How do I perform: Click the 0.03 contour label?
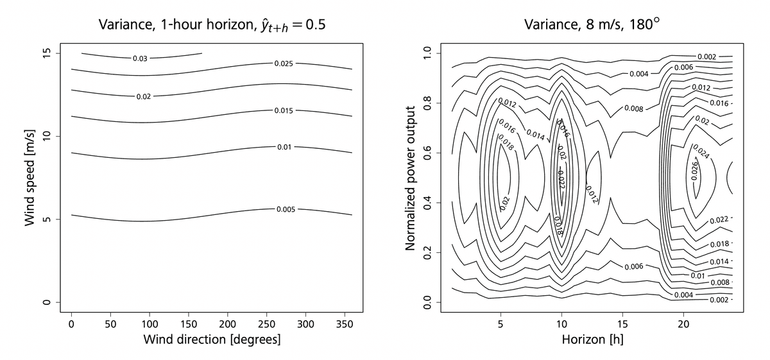(140, 58)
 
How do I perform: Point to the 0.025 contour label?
(284, 64)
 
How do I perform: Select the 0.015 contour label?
(284, 111)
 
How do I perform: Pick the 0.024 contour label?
(702, 154)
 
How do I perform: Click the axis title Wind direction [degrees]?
(212, 339)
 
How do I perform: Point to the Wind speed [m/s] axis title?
(29, 176)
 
